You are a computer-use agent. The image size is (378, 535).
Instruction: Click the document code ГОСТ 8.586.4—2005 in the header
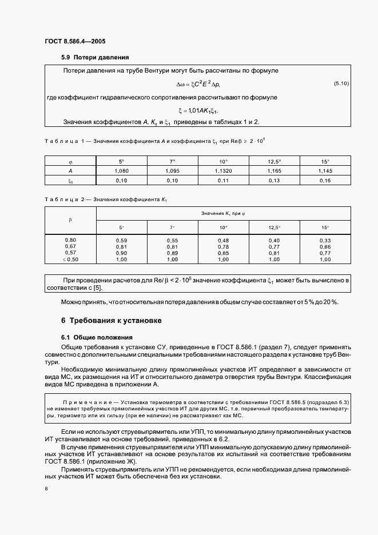tap(75, 41)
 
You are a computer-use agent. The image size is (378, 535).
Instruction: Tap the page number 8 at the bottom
tap(46, 489)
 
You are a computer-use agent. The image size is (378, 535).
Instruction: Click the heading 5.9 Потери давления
tap(95, 57)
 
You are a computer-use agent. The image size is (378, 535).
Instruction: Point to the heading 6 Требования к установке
tap(112, 321)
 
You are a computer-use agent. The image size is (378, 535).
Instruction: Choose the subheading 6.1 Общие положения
tap(97, 337)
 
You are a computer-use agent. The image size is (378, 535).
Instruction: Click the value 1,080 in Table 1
tap(121, 171)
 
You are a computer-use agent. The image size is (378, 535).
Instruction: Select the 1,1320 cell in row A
tap(223, 171)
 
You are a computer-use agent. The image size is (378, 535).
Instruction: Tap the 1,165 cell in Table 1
tap(274, 171)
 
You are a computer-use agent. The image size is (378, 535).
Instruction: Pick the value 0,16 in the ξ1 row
tap(325, 181)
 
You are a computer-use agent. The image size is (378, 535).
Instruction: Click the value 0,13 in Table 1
tap(274, 181)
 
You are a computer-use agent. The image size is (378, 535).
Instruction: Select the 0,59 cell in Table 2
tap(121, 240)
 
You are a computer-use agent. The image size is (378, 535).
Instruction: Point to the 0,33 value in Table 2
tap(325, 240)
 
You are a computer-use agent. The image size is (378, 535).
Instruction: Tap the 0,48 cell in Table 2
tap(223, 240)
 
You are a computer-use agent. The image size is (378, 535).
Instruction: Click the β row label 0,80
tap(70, 239)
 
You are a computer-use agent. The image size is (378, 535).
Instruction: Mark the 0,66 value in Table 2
tap(325, 246)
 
